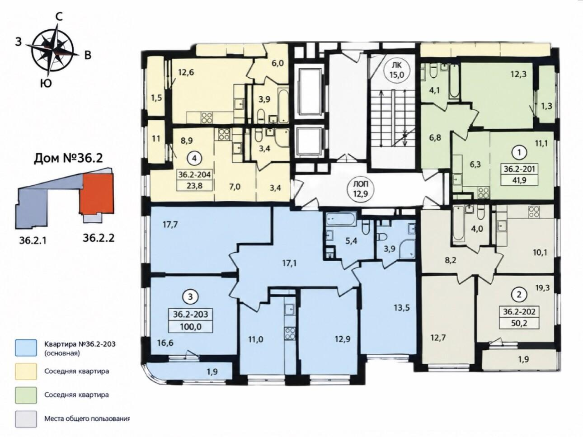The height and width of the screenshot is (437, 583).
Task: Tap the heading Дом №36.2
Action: click(x=68, y=159)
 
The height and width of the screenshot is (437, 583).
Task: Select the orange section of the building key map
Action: click(x=97, y=194)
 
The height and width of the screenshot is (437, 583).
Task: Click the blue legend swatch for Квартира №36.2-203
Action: click(x=26, y=348)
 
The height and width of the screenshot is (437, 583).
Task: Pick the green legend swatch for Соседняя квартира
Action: click(x=26, y=395)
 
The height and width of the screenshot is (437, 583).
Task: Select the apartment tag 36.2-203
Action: click(x=190, y=315)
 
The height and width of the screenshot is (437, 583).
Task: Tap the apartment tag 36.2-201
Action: click(x=519, y=169)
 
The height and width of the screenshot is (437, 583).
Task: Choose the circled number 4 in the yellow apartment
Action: click(x=195, y=159)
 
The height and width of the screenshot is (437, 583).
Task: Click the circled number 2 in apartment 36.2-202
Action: click(x=519, y=295)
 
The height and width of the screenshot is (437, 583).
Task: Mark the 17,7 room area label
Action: click(x=170, y=225)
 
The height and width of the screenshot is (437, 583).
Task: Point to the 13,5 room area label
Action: click(x=402, y=308)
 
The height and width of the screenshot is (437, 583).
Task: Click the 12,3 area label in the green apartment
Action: click(x=518, y=74)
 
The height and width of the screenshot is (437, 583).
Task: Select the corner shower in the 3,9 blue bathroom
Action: click(x=407, y=249)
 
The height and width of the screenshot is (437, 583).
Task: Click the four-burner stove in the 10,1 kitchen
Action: click(x=532, y=212)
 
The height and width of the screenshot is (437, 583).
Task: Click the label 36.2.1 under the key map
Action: click(x=33, y=240)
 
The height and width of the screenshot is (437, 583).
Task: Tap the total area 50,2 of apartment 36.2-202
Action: click(x=519, y=324)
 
